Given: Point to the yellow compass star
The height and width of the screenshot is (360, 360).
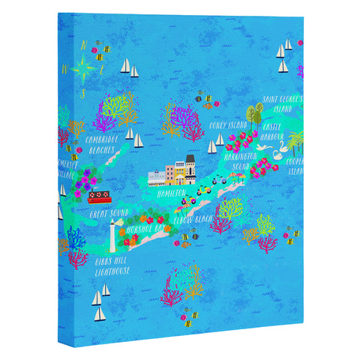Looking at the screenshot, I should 83,68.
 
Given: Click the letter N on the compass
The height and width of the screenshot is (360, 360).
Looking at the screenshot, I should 84,44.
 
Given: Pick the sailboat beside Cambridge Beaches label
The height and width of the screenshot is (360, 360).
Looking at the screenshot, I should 130,133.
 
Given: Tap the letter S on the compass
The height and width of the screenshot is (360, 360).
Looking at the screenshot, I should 82,94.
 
